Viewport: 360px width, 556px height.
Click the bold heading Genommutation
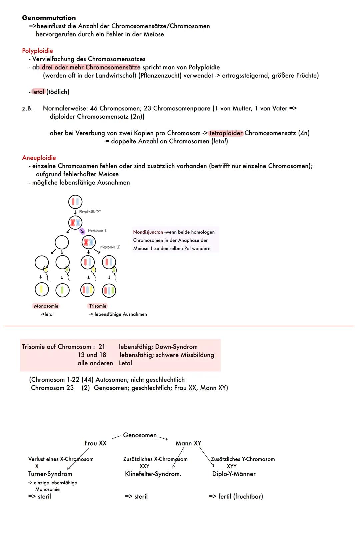pos(49,18)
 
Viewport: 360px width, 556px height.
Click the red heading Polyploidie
pos(37,51)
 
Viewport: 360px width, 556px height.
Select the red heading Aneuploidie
pos(39,158)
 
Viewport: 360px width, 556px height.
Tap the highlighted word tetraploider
pos(226,133)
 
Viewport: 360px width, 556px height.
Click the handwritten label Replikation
pos(90,212)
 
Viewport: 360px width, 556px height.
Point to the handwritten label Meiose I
pos(97,231)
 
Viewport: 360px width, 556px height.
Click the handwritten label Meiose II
pos(110,247)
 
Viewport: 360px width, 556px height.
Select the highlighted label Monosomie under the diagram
pos(46,306)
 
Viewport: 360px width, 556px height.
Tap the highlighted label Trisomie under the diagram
pos(98,306)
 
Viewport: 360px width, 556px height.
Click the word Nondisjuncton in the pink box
pos(148,232)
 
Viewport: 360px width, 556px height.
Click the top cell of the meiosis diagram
pos(75,202)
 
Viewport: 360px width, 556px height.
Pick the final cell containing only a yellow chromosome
pos(42,290)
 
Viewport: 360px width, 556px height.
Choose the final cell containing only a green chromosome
pos(62,290)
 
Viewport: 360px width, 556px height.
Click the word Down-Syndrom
pos(176,347)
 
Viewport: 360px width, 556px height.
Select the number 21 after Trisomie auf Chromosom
pos(102,347)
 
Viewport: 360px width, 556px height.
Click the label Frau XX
pos(95,443)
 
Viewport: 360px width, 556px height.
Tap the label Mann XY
pos(188,443)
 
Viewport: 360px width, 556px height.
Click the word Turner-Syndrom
pos(50,474)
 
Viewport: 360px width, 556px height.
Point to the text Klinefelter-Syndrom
pos(153,474)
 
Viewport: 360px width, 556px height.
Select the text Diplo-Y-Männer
pos(234,474)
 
